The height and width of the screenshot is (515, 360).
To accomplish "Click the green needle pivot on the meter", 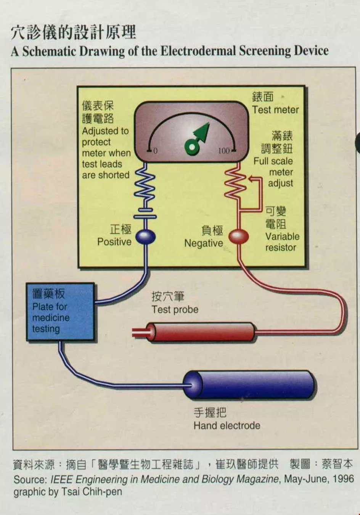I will (191, 147).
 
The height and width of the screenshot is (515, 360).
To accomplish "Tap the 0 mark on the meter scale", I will (155, 151).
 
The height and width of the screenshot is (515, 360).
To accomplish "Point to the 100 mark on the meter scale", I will (224, 151).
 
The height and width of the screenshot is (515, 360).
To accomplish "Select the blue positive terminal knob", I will (145, 237).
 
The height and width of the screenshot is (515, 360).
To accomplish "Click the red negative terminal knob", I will (239, 237).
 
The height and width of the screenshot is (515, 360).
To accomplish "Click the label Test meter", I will (275, 110).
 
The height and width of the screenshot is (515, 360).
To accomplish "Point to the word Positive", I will (114, 242).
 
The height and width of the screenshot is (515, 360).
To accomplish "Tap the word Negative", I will (203, 243).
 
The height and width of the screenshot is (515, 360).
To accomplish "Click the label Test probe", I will (175, 309).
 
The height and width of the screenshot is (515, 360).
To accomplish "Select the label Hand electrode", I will (227, 426).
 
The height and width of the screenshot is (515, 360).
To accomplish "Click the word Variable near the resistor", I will (282, 237).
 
